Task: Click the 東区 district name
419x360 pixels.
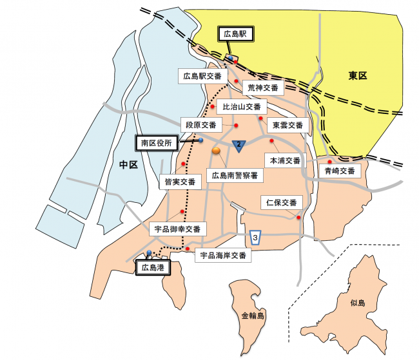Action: tap(358, 76)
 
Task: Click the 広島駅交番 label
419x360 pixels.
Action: tap(202, 77)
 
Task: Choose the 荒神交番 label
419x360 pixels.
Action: tap(263, 88)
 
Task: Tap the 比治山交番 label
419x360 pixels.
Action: tap(242, 107)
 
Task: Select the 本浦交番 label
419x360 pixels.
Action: tap(284, 160)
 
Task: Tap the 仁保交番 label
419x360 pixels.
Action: tap(282, 203)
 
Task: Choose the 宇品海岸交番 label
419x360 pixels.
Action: tap(222, 255)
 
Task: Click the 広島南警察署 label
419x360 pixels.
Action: tap(235, 175)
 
